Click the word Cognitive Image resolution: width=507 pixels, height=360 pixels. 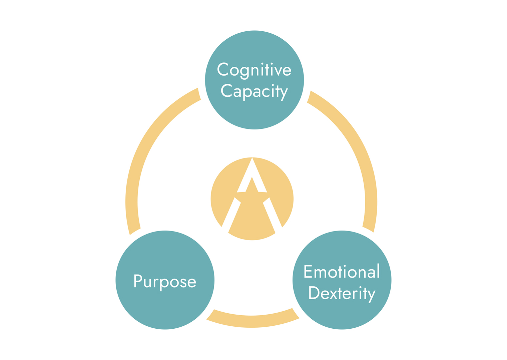(x=254, y=70)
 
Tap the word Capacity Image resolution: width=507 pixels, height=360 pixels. (x=254, y=91)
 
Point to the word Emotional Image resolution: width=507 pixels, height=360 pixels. (x=342, y=272)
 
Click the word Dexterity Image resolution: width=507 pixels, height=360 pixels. (x=342, y=293)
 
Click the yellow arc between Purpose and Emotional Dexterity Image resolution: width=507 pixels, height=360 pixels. (x=252, y=321)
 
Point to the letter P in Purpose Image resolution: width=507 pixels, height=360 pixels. (x=138, y=281)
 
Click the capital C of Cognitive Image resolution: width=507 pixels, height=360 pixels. (x=223, y=69)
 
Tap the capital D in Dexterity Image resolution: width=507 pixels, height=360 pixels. (x=314, y=293)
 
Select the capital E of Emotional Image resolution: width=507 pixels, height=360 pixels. (x=308, y=271)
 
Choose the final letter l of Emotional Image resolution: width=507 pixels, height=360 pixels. (x=378, y=271)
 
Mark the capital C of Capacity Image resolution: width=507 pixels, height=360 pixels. (x=226, y=90)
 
